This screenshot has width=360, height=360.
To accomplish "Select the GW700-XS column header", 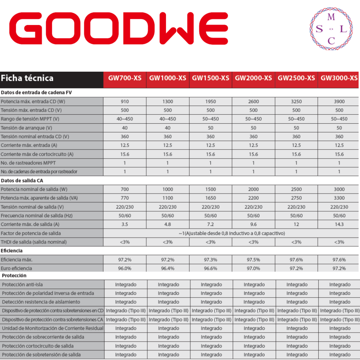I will (125, 78).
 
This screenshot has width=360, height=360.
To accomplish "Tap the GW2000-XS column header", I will (253, 78).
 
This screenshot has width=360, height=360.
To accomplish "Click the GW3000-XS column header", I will (339, 78).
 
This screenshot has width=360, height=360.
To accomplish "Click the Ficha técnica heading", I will (27, 78).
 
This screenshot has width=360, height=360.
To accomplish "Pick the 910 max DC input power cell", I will (125, 102).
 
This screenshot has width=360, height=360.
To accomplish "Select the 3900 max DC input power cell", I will (339, 102).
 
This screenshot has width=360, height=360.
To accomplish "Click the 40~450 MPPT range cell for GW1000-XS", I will (168, 119).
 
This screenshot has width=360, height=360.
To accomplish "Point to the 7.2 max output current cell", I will (211, 224).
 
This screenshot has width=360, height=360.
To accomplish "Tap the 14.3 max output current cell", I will (339, 224).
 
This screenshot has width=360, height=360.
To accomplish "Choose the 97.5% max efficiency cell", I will (253, 259).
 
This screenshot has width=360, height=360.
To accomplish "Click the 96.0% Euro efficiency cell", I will (125, 268).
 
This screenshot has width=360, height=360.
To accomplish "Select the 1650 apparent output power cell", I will (211, 198).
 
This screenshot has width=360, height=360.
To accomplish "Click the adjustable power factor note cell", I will (232, 233).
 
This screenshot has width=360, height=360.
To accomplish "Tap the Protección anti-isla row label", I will (22, 284).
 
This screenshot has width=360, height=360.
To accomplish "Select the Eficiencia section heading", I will (12, 251).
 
